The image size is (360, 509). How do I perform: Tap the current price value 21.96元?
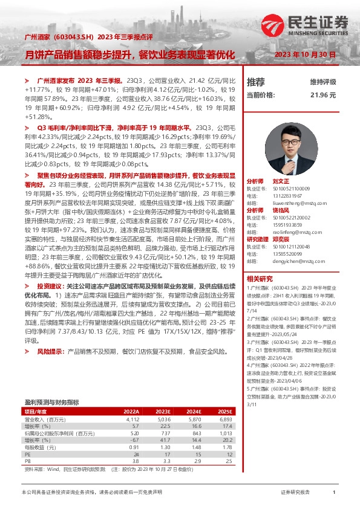click(x=323, y=95)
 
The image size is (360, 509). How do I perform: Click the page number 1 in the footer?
click(x=333, y=493)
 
